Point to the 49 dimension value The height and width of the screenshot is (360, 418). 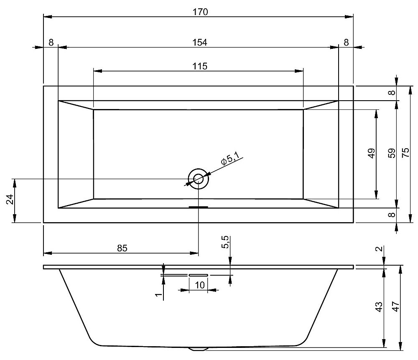[x=371, y=154]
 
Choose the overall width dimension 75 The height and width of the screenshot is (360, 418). [x=405, y=154]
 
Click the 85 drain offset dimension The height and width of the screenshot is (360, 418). [x=121, y=248]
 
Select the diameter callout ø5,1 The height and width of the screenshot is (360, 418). [x=230, y=159]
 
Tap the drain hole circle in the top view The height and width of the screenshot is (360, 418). [x=198, y=179]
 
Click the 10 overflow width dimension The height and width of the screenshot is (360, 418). [x=199, y=285]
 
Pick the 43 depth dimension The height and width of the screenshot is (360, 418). [x=378, y=307]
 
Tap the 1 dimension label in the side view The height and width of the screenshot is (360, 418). [x=158, y=295]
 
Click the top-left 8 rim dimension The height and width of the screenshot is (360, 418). [x=51, y=42]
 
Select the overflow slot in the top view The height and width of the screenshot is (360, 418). [x=198, y=207]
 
